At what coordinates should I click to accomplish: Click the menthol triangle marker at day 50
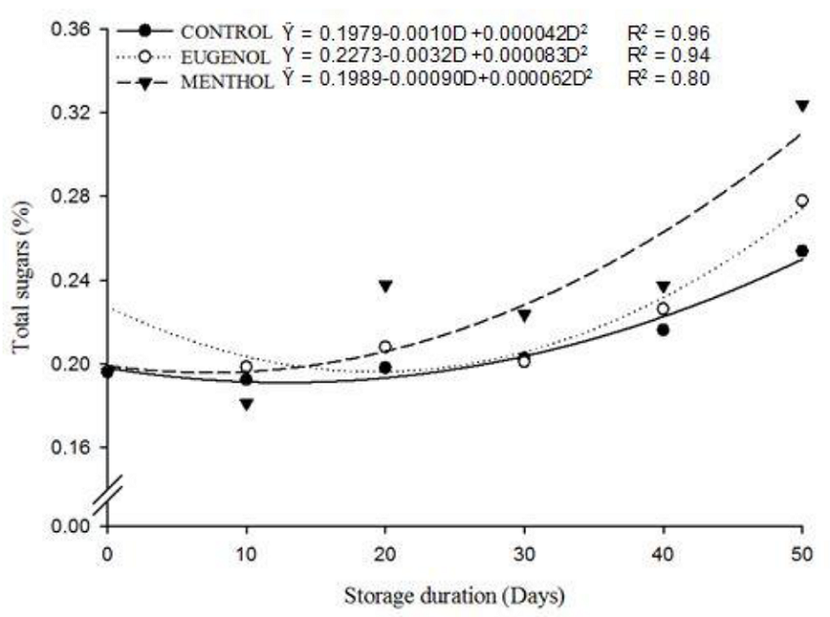pos(802,105)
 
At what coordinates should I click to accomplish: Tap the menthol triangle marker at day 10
pos(246,403)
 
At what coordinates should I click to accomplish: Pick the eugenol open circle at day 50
pos(802,200)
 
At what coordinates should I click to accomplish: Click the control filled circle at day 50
pos(802,251)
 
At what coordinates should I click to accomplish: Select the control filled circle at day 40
pos(663,330)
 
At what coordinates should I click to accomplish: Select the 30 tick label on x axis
pos(523,551)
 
